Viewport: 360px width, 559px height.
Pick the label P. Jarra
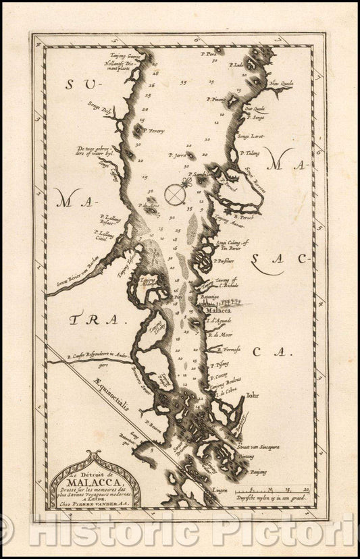tap(176, 155)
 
